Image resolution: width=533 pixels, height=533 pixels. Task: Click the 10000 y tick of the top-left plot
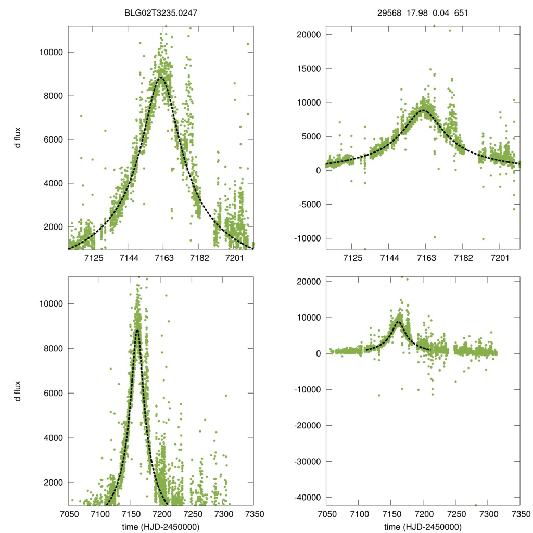click(52, 52)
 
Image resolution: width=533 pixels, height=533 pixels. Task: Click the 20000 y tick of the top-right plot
click(309, 35)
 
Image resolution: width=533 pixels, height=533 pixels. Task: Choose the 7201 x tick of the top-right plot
click(500, 258)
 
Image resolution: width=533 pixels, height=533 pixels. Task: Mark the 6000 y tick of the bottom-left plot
click(54, 393)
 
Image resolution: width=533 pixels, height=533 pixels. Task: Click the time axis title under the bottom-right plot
click(423, 526)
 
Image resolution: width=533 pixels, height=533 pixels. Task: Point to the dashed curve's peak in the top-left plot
click(161, 77)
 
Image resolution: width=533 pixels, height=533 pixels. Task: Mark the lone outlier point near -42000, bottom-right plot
click(476, 505)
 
